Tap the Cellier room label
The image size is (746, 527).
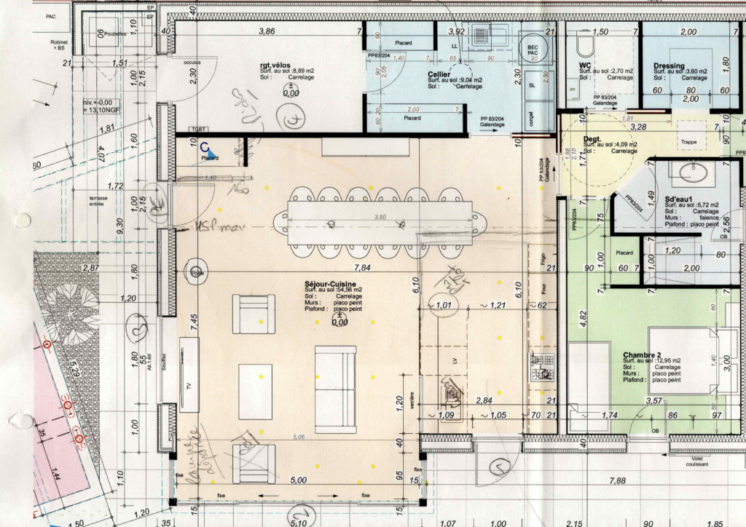coord(439,74)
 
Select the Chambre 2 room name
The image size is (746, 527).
coord(641,354)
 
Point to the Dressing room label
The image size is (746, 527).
coord(669,66)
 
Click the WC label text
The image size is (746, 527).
coord(584,66)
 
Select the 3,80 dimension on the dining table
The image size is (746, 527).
coord(380,216)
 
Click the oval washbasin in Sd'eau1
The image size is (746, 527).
coord(688,173)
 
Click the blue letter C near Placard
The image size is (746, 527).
coord(205,147)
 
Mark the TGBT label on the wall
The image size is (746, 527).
coord(197,129)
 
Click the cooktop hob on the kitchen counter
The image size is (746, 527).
coord(542,368)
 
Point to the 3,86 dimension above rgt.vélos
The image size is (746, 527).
coord(267,31)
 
